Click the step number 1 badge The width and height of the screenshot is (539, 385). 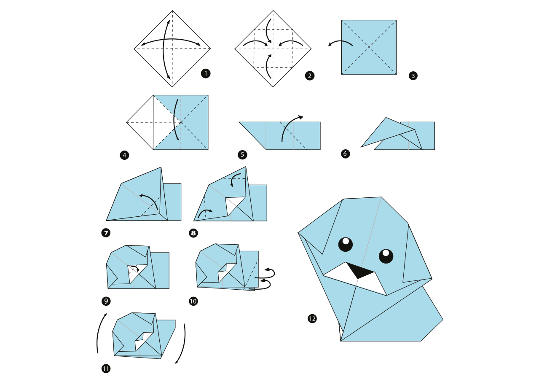point(206,73)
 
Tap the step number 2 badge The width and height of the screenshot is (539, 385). point(310,76)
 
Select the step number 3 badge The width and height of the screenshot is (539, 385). point(413,76)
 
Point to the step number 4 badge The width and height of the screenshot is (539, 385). point(124,155)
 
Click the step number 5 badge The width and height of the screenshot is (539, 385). point(242,155)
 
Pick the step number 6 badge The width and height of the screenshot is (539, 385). point(345,153)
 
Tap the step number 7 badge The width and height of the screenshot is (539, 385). point(106,233)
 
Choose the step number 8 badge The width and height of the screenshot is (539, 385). point(193,233)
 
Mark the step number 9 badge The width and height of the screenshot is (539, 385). point(106,301)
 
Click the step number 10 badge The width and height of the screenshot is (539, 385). point(193,301)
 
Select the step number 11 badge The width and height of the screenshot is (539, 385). point(106,369)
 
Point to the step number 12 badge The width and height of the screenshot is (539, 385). point(312,319)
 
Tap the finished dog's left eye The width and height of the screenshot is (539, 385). point(346,245)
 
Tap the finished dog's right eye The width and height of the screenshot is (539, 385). point(386,256)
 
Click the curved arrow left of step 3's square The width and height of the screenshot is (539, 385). point(340,41)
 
